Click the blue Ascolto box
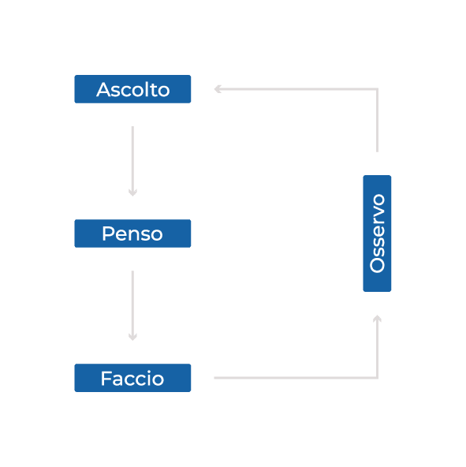click(x=132, y=89)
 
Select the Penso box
click(x=132, y=233)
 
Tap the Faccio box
click(x=132, y=378)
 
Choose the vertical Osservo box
click(x=377, y=233)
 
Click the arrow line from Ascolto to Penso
click(x=132, y=161)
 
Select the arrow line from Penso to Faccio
click(x=132, y=305)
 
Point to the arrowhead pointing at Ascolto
click(x=218, y=89)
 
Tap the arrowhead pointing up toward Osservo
click(x=377, y=319)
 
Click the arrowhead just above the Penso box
click(x=132, y=192)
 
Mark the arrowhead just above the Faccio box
click(x=132, y=337)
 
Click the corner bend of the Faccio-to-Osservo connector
click(x=377, y=378)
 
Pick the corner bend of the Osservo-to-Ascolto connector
click(x=377, y=89)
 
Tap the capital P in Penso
click(x=108, y=233)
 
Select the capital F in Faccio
click(x=106, y=378)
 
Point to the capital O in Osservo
click(x=377, y=265)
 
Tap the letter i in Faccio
click(x=150, y=378)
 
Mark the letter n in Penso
click(x=135, y=235)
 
